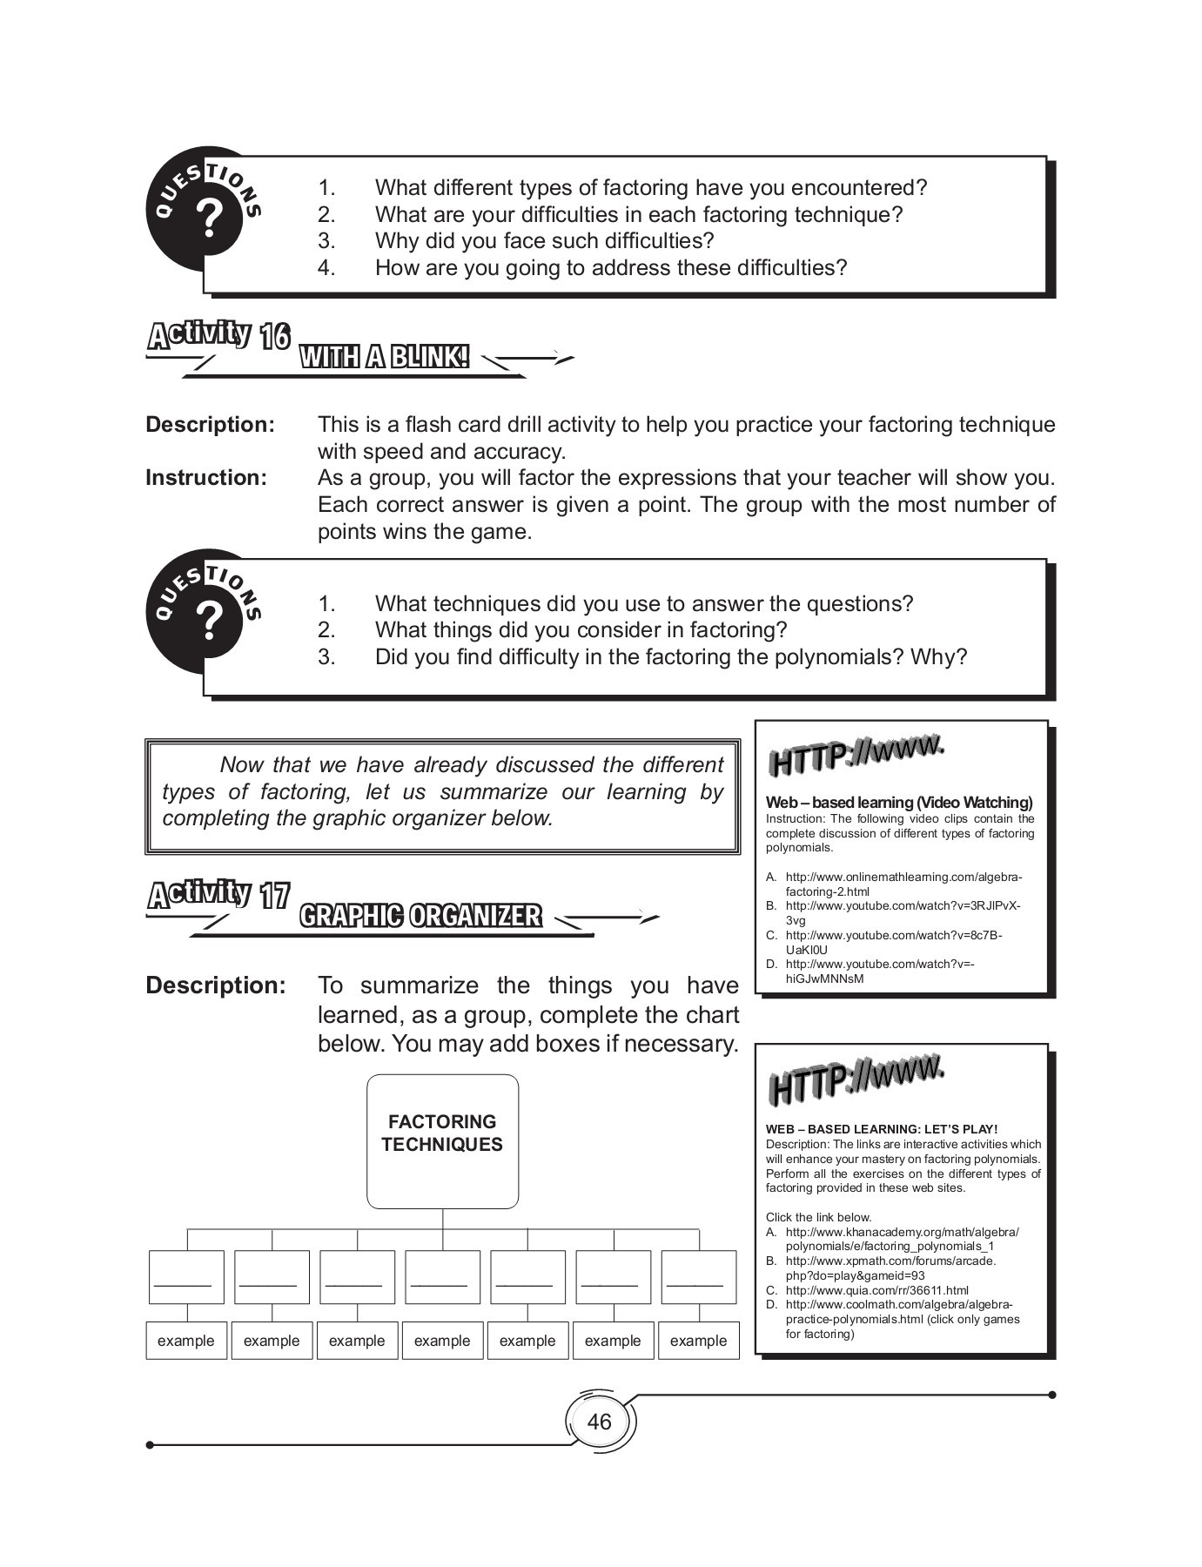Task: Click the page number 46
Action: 599,1422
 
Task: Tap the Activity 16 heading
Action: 218,335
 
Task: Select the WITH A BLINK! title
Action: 384,357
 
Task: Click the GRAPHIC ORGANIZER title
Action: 420,916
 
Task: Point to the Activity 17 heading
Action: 218,895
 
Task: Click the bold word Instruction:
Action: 206,478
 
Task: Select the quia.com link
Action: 876,1290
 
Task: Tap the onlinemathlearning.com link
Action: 903,884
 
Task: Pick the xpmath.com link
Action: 890,1268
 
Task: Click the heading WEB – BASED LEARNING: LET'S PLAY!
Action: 881,1129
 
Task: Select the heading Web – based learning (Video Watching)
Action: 898,803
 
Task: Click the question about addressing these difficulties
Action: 610,268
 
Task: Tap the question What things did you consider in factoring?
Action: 581,630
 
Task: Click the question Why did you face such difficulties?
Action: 544,241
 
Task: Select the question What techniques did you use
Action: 643,604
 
